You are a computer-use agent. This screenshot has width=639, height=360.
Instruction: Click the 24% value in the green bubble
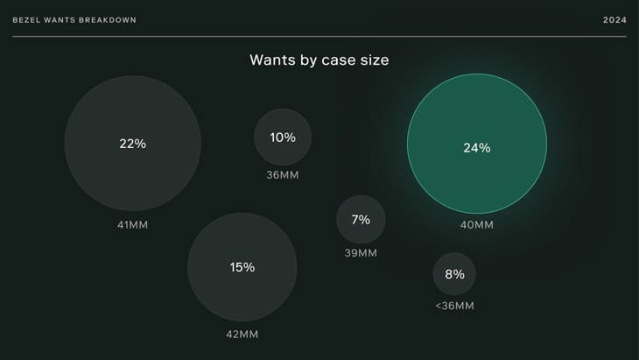coord(476,148)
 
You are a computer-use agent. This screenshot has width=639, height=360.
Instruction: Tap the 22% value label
coord(132,144)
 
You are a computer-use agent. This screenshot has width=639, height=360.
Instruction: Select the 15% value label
coord(242,267)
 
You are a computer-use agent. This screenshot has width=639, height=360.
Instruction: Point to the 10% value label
coord(282,138)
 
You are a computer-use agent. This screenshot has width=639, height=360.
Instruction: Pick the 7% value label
coord(361,220)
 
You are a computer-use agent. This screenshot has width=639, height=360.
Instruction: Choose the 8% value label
coord(454,274)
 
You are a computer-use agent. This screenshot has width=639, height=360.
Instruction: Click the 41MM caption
coord(132,225)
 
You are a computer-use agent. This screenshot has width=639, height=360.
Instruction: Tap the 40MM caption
coord(477,225)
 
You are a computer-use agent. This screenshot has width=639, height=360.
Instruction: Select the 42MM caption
coord(242,334)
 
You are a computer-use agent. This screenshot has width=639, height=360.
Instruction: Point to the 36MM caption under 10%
coord(282,174)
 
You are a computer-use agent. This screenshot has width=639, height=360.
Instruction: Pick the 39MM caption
coord(361,253)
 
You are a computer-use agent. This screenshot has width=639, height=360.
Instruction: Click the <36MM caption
coord(454,306)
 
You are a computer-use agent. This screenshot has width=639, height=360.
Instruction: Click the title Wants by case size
coord(319,60)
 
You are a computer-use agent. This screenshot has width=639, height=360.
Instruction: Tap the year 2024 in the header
coord(614,20)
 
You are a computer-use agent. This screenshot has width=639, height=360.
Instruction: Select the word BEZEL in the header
coord(26,20)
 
